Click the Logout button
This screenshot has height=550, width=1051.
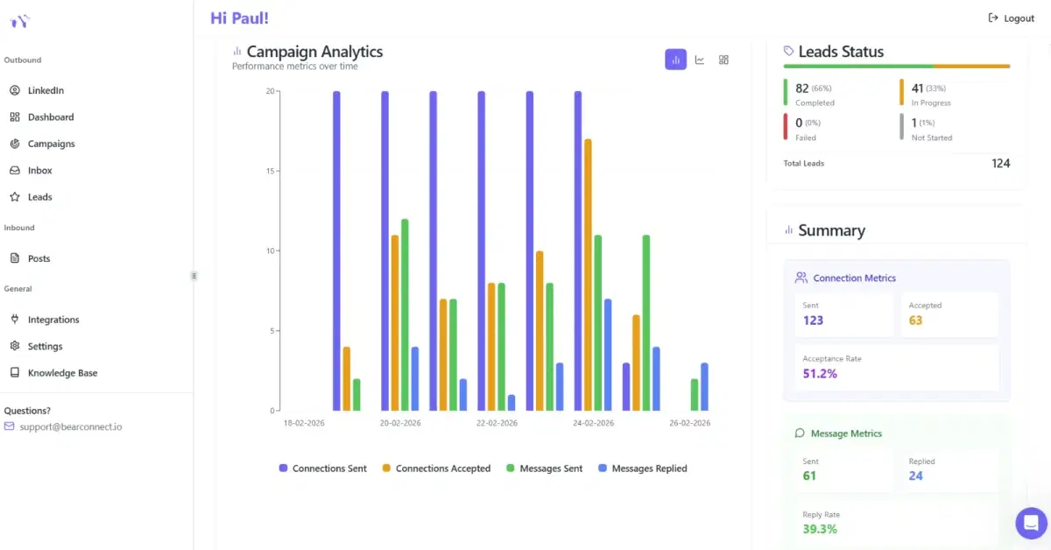pyautogui.click(x=1012, y=18)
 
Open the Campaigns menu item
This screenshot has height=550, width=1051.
pyautogui.click(x=51, y=144)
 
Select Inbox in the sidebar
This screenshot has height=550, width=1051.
pyautogui.click(x=39, y=171)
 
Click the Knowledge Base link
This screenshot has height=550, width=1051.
pyautogui.click(x=62, y=373)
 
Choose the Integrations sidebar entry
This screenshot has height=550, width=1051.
pyautogui.click(x=53, y=320)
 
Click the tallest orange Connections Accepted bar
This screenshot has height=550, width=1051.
pyautogui.click(x=588, y=273)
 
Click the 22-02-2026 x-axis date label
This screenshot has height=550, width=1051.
pyautogui.click(x=497, y=423)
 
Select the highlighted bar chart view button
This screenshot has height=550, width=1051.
pyautogui.click(x=675, y=60)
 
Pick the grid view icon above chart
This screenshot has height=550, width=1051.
pyautogui.click(x=723, y=60)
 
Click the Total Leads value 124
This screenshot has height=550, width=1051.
pyautogui.click(x=1000, y=164)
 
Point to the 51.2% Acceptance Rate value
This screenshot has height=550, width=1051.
pyautogui.click(x=820, y=374)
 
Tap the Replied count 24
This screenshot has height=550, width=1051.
pyautogui.click(x=915, y=476)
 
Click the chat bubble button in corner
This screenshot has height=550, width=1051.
pyautogui.click(x=1031, y=523)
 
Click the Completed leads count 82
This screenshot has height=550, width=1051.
pyautogui.click(x=801, y=88)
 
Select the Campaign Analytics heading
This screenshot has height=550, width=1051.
pyautogui.click(x=314, y=52)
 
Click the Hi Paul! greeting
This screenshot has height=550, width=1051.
pyautogui.click(x=239, y=18)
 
